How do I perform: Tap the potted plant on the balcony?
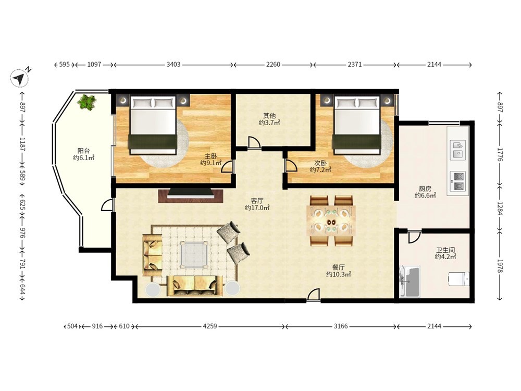pos(87,102)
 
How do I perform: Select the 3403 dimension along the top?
pos(173,65)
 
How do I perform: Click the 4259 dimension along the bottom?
pos(210,326)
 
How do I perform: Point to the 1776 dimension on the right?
pos(500,155)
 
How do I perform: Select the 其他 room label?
pos(269,116)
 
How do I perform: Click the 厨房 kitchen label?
pos(425,189)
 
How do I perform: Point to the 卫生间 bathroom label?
pos(445,250)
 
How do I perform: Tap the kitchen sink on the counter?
pos(458,149)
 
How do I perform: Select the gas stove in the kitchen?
pos(458,181)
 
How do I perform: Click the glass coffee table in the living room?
pos(194,255)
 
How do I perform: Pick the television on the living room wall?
pos(190,194)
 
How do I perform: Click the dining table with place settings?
pos(331,221)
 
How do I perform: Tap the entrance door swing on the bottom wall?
pos(313,295)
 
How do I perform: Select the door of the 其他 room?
pos(254,142)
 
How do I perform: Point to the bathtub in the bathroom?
pos(411,282)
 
